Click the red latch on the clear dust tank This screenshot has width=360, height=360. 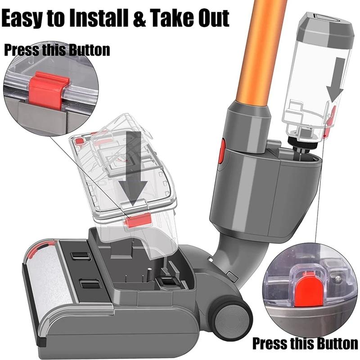[138, 221]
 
